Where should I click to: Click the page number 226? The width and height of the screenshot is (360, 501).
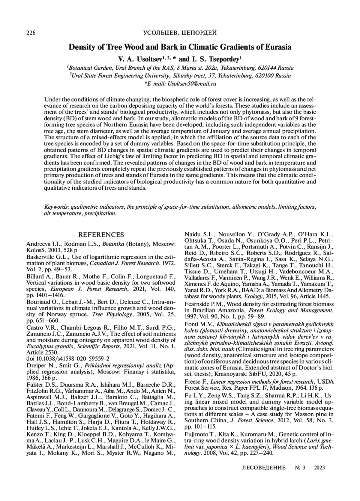pos(31,33)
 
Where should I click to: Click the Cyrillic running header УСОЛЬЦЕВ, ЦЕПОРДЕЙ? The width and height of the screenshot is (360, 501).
pos(180,33)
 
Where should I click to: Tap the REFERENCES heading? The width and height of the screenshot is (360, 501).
pos(101,235)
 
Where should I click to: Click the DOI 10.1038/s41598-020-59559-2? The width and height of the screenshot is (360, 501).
pos(68,358)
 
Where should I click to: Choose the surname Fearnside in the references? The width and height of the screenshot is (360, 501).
pos(196,304)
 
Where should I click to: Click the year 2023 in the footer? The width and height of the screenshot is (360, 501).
pos(319,467)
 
